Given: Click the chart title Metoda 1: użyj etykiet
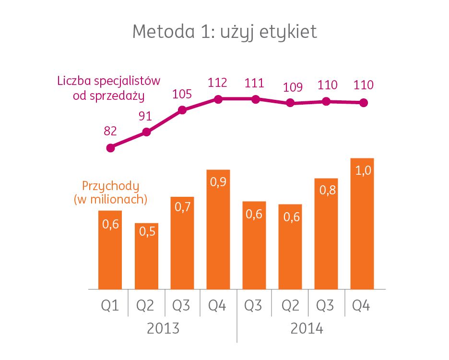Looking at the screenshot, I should tap(224, 32).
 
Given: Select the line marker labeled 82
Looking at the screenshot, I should tap(111, 148).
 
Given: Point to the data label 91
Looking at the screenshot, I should tap(147, 117).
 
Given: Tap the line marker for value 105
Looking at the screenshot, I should tap(182, 110).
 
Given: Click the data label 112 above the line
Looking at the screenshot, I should tap(218, 84).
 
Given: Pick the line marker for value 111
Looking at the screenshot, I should tap(256, 99).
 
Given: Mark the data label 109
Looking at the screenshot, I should tap(293, 87).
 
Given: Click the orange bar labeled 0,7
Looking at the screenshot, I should tap(182, 242).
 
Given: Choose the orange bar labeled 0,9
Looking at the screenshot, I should tap(218, 229).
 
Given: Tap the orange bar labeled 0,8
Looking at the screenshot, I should tap(327, 233).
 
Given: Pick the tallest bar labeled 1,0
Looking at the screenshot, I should tap(362, 223).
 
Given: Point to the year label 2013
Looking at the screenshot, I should tap(163, 329).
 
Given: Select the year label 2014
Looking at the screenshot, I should tap(307, 329).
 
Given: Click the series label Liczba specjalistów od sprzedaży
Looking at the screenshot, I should tap(108, 87).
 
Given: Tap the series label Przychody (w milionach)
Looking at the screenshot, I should tap(110, 192).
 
